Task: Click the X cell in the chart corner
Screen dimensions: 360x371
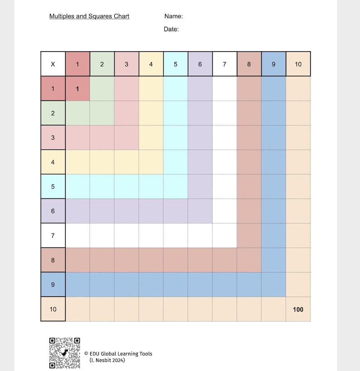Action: coord(53,64)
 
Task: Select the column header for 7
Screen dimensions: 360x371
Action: coord(224,64)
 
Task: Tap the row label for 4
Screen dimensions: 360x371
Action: coord(53,162)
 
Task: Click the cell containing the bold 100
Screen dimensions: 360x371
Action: coord(298,309)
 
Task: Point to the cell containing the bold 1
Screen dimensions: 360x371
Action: coord(78,89)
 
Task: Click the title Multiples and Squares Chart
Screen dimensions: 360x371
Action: coord(89,16)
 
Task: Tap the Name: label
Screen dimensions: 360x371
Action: coord(174,16)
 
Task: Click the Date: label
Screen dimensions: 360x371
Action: coord(171,29)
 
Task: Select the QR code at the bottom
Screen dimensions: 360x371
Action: coord(65,353)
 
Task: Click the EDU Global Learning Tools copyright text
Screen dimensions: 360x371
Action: coord(118,354)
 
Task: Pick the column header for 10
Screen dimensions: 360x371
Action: coord(298,64)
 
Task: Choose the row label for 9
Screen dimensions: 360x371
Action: coord(53,284)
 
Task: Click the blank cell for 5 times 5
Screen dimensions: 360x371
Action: coord(175,186)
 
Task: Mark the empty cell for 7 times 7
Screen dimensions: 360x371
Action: coord(224,235)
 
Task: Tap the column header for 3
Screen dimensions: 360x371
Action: coord(126,64)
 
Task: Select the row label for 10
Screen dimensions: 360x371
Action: coord(53,309)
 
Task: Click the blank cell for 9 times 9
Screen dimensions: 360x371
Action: coord(273,284)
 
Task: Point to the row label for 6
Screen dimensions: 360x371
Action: coord(53,211)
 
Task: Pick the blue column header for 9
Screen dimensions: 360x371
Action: coord(273,64)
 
